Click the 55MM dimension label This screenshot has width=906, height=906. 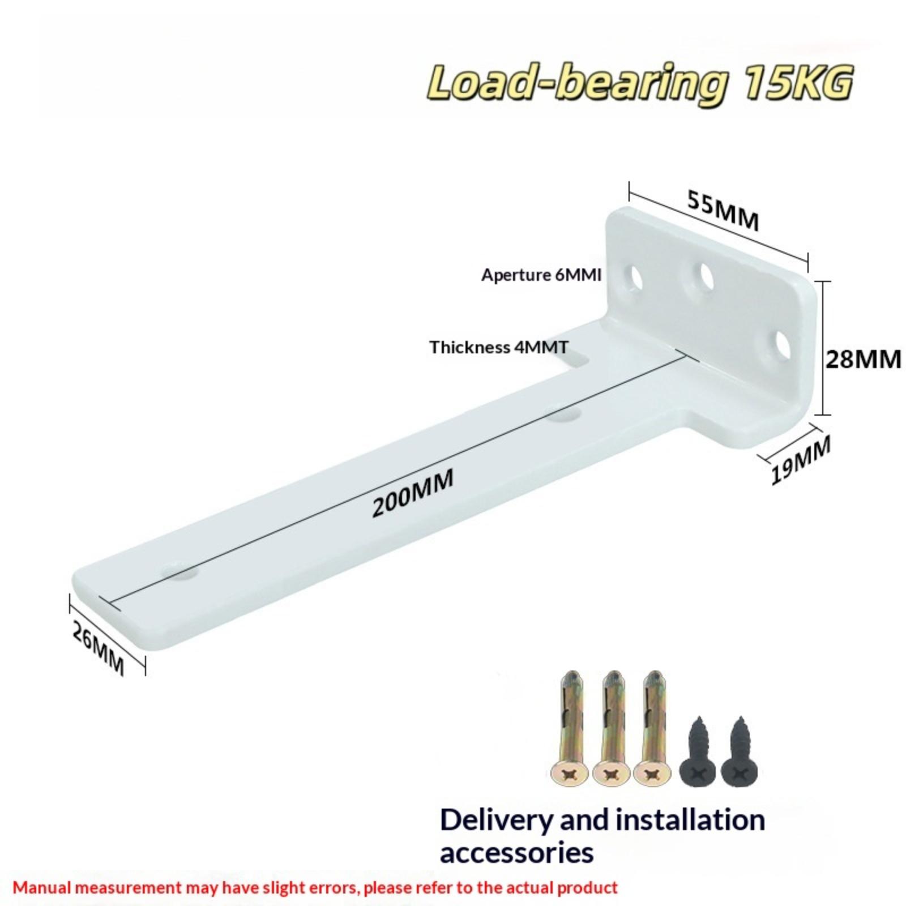coord(723,210)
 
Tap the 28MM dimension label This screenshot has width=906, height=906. coord(863,359)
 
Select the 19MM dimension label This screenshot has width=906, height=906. coord(801,460)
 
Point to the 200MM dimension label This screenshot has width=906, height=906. coord(413,493)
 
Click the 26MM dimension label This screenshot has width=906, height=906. coord(99,647)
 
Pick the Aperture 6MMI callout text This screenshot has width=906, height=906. coord(541,275)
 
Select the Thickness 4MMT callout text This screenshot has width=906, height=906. coord(499,347)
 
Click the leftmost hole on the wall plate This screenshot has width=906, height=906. coord(635,276)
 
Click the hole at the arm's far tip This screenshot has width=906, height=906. coord(180,571)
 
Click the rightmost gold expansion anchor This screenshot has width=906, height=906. coord(653,728)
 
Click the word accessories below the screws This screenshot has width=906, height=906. coord(516,853)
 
